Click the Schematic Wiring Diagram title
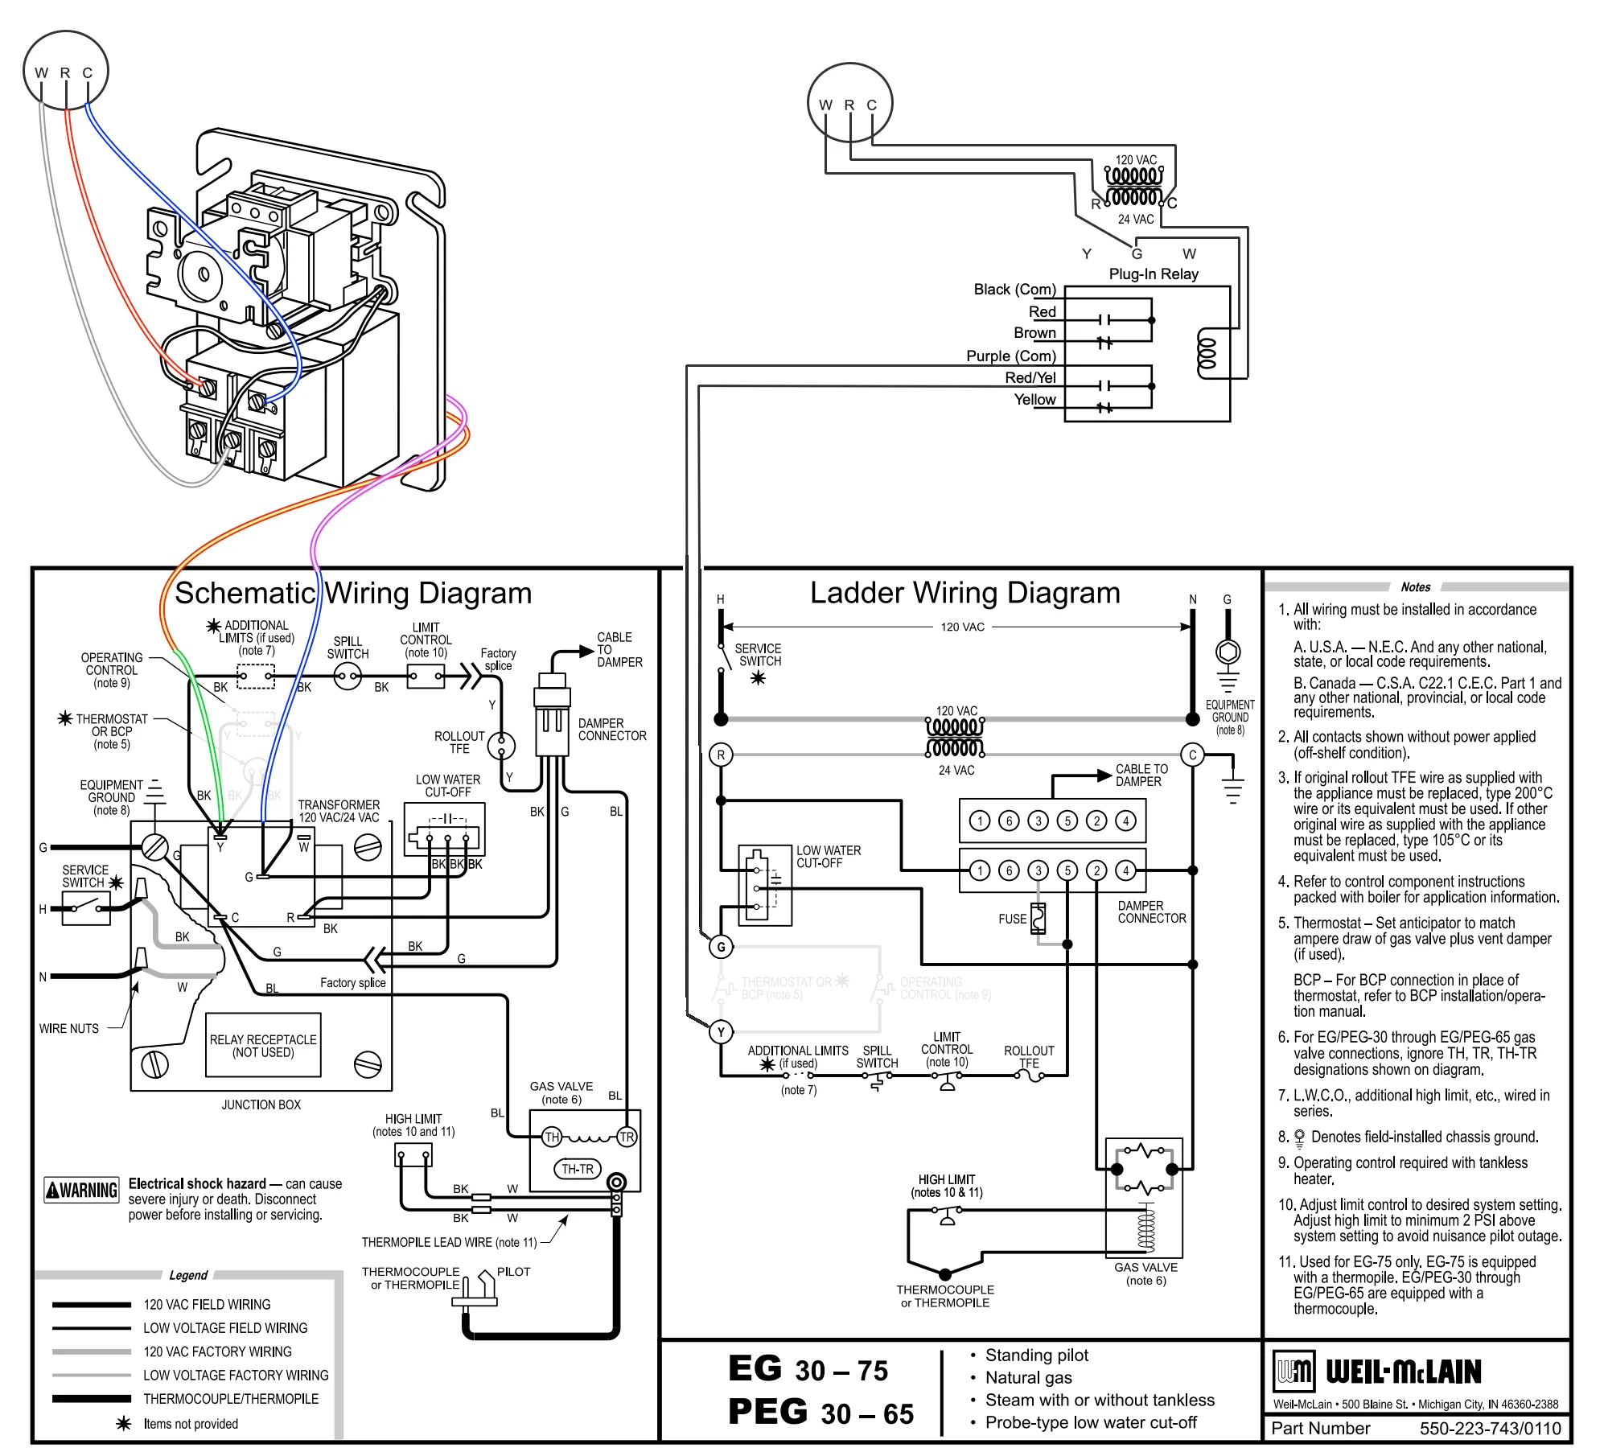(x=353, y=594)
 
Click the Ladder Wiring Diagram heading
(x=964, y=593)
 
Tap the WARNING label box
(x=81, y=1190)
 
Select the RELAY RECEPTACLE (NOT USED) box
(x=263, y=1045)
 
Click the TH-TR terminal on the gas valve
(x=577, y=1169)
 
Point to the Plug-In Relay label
(x=1154, y=274)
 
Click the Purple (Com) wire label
(x=1011, y=356)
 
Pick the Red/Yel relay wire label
(x=1030, y=377)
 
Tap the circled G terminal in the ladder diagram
(x=721, y=947)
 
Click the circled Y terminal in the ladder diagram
(x=721, y=1032)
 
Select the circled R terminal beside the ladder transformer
(x=721, y=755)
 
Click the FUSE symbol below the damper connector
(x=1038, y=919)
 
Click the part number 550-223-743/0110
(x=1490, y=1428)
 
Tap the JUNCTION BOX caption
(x=261, y=1105)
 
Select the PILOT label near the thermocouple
(x=513, y=1272)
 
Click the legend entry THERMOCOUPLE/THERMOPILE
(x=231, y=1399)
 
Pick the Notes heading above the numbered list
(x=1416, y=587)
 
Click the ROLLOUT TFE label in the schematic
(x=459, y=743)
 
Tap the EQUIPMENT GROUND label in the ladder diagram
(x=1230, y=711)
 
